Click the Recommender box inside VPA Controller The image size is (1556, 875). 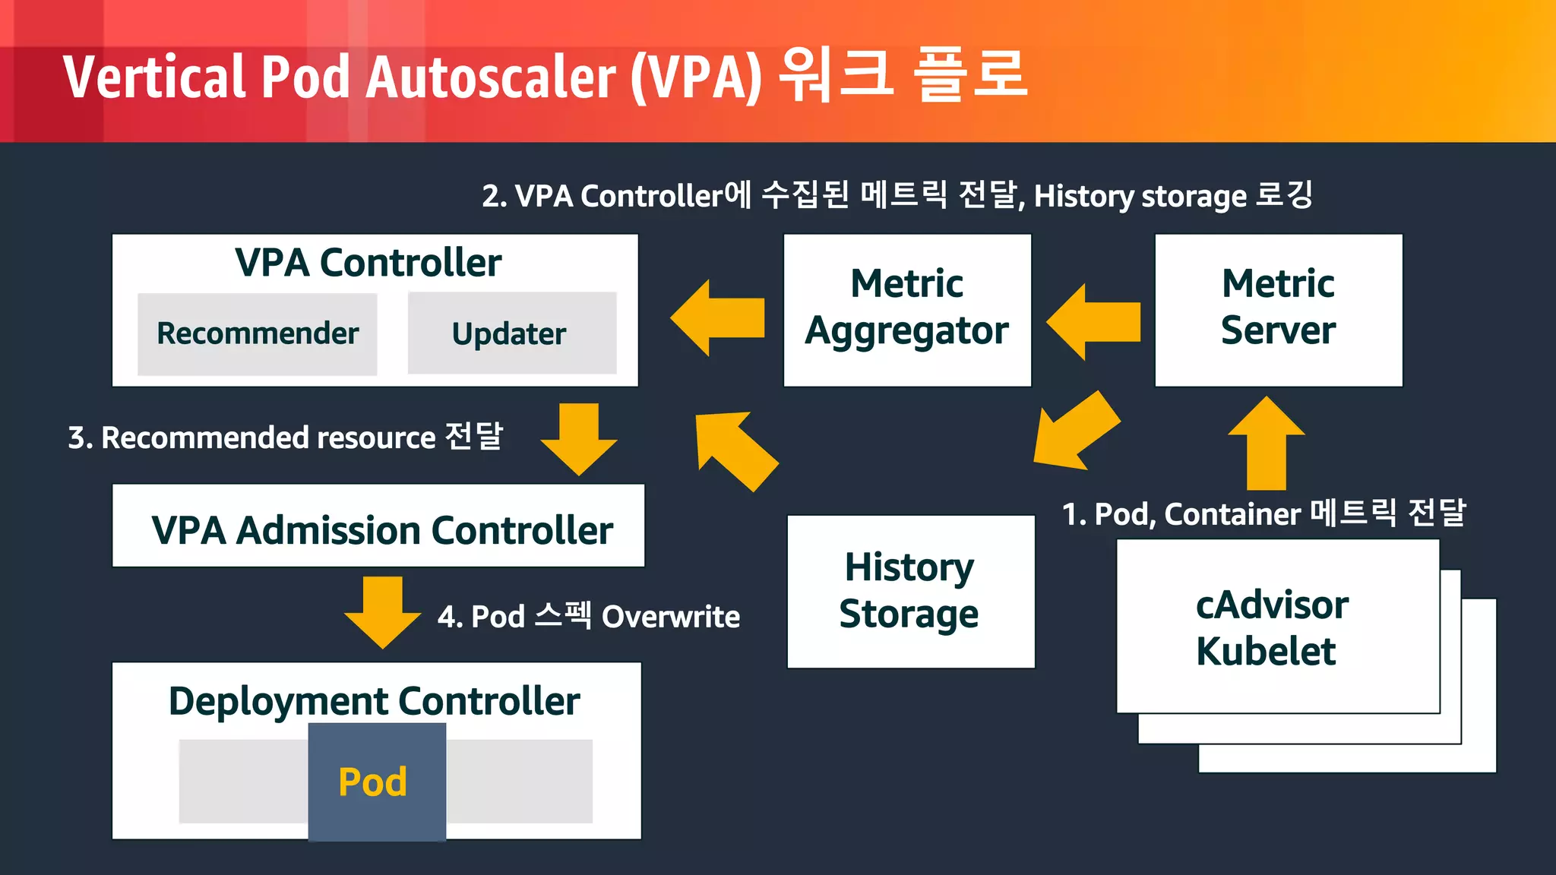257,333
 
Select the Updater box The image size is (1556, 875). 511,333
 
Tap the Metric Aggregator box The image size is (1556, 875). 907,310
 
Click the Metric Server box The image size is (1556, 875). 1278,310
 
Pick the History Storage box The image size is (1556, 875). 910,591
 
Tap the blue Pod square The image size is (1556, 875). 377,782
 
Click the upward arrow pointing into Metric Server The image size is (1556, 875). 1267,444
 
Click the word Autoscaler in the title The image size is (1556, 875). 492,77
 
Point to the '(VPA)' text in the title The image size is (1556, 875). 697,77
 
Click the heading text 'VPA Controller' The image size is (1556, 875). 368,263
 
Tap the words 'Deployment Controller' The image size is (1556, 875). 374,701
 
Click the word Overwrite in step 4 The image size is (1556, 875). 670,617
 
